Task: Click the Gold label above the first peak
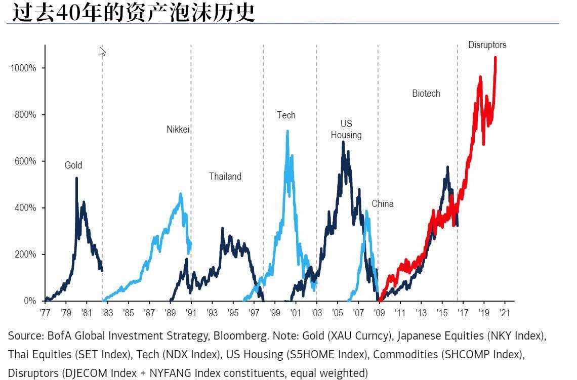tap(73, 165)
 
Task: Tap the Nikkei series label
tap(178, 130)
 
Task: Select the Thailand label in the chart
tap(225, 177)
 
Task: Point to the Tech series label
tap(286, 115)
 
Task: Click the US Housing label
tap(346, 129)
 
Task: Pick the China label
tap(382, 204)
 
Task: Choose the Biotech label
tap(426, 94)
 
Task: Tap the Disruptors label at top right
tap(487, 45)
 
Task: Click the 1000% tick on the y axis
tap(24, 68)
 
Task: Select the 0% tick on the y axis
tap(30, 301)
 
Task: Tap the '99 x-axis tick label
tap(275, 313)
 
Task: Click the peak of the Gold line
tap(76, 178)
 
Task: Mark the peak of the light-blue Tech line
tap(287, 131)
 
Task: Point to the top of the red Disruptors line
tap(495, 57)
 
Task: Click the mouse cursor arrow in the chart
tap(102, 51)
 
